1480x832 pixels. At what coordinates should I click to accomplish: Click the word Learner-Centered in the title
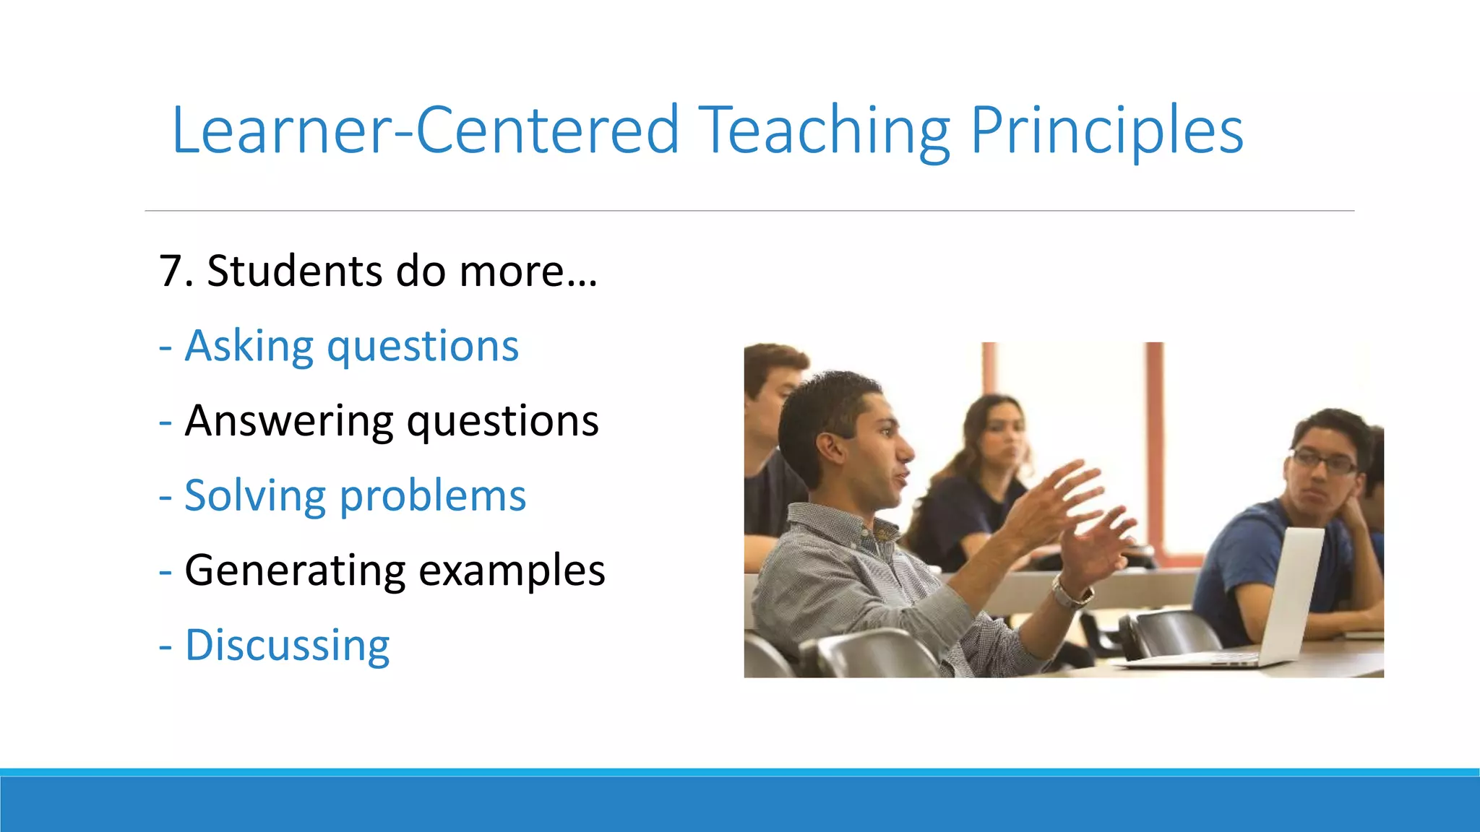[425, 131]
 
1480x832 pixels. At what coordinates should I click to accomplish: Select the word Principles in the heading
[1106, 131]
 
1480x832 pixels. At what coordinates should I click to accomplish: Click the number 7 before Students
[171, 272]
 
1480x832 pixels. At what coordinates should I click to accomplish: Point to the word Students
[294, 272]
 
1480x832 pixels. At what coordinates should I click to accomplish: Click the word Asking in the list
[249, 347]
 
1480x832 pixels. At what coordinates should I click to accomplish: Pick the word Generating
[295, 571]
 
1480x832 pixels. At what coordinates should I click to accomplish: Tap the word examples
[511, 571]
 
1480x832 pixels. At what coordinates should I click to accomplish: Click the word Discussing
[287, 645]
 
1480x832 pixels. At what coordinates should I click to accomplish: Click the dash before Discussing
[165, 646]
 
